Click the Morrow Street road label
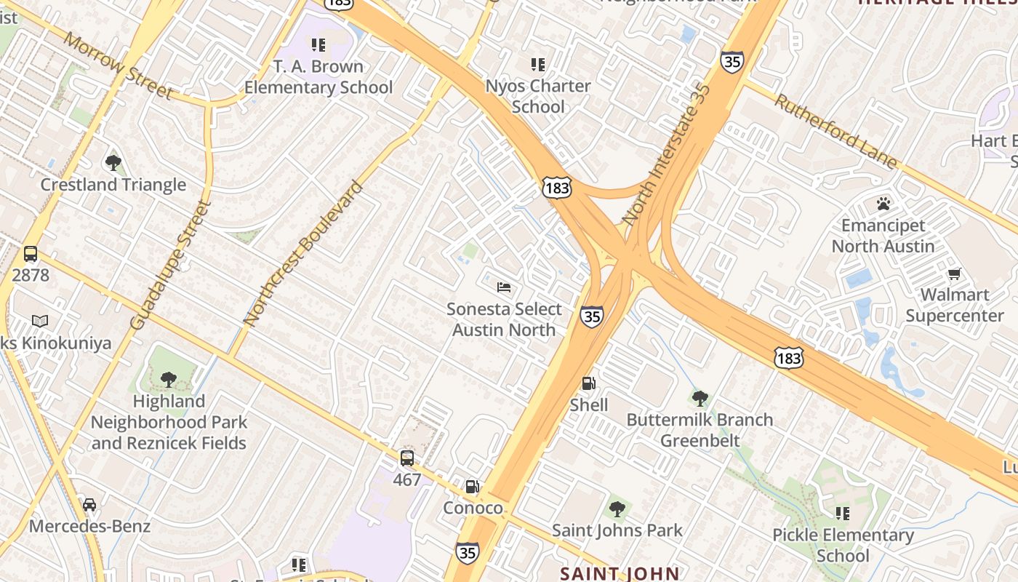tap(118, 65)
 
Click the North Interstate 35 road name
tap(666, 153)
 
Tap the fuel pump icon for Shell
tap(588, 383)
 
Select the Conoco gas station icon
tap(473, 487)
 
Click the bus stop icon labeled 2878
tap(31, 254)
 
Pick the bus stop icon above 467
tap(407, 458)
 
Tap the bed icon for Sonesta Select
tap(504, 287)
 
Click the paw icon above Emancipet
tap(883, 204)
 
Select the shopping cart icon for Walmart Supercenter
tap(955, 274)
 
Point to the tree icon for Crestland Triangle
tap(113, 163)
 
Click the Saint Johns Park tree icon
tap(617, 509)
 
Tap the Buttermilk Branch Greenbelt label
tap(700, 430)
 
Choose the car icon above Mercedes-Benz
tap(89, 505)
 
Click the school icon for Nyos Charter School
tap(538, 65)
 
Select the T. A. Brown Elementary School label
tap(318, 77)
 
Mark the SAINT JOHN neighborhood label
tap(619, 574)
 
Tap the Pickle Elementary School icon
tap(843, 514)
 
